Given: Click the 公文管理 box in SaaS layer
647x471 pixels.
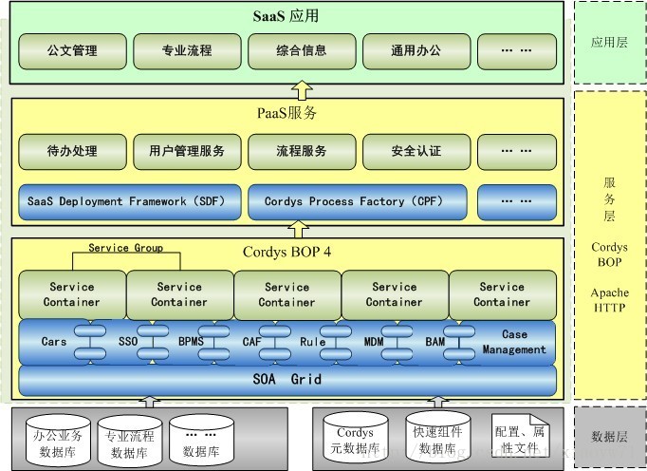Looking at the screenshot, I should [72, 49].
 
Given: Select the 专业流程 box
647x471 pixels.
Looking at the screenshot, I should [187, 49].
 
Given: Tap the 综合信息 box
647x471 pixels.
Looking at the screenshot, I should [302, 49].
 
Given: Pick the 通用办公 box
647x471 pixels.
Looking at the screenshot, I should [416, 49].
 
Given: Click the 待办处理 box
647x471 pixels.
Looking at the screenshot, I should [72, 150].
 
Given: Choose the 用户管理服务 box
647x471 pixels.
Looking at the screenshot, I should [187, 150].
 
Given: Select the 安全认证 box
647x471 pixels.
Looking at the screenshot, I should [416, 150].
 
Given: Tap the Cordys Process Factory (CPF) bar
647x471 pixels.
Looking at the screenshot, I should [358, 201].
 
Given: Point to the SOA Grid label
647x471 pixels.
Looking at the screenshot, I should [287, 380].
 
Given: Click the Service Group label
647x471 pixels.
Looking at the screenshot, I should [125, 248].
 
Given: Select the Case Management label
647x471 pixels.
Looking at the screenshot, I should [513, 342].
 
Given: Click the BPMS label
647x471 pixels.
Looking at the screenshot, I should [191, 342].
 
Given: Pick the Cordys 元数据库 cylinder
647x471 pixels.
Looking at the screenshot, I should [355, 440].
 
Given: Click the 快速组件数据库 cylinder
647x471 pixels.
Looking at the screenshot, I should [437, 440].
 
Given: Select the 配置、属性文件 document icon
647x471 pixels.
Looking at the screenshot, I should [520, 439].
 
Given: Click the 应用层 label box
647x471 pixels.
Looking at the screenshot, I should [610, 42].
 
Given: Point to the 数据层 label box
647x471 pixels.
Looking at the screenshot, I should [610, 437].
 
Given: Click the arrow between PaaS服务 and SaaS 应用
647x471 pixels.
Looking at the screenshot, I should [302, 91].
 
